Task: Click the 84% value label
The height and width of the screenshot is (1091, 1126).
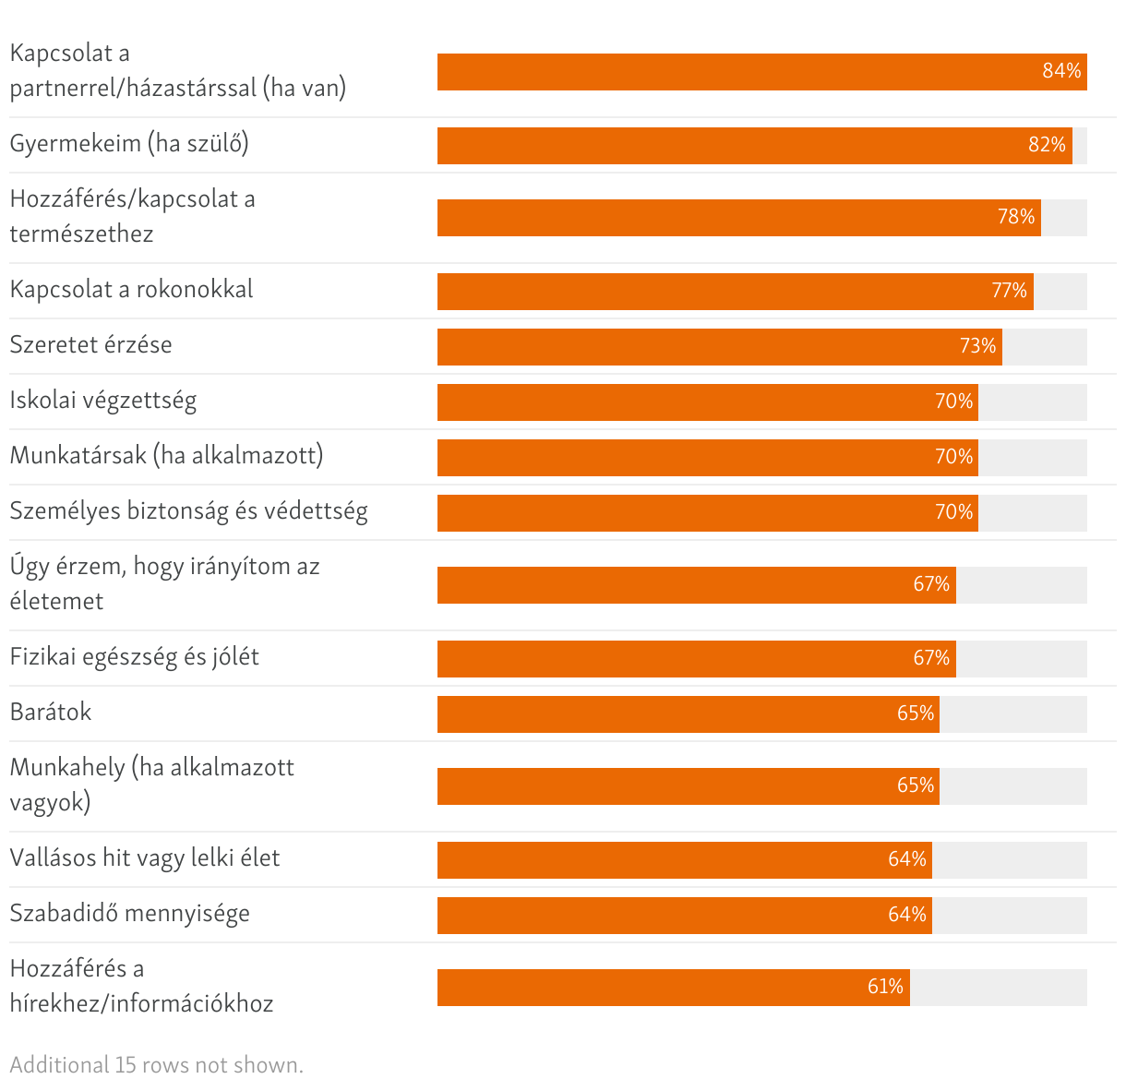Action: pos(1061,71)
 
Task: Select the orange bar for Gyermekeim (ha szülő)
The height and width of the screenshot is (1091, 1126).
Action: pos(754,146)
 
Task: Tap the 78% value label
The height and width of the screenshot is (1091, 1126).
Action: pos(1016,217)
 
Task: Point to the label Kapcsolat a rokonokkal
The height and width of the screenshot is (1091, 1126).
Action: pos(131,290)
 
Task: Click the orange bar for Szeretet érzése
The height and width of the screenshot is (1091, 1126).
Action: pos(719,347)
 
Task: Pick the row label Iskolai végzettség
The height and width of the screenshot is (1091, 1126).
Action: pos(103,401)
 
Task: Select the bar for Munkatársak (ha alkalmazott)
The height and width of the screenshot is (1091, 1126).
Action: pos(707,458)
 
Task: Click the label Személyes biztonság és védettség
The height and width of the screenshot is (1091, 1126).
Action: pos(188,511)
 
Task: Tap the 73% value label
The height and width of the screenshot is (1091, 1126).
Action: pos(977,346)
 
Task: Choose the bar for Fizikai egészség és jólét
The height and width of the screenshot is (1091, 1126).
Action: pos(696,659)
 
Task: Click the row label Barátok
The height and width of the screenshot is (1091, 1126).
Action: pos(51,713)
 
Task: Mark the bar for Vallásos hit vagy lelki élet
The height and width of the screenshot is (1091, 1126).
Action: pos(684,860)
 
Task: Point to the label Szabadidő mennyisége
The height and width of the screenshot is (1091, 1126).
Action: pos(129,914)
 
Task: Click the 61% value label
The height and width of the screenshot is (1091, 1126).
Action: pos(885,987)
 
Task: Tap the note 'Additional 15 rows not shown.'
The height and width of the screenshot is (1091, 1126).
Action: pos(156,1065)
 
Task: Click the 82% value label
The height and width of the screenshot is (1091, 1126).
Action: pos(1047,145)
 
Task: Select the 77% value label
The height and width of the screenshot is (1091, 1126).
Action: pos(1009,291)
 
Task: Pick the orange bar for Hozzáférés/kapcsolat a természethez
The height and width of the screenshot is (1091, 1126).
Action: pos(738,218)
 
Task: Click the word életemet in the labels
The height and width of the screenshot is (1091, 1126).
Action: pos(56,602)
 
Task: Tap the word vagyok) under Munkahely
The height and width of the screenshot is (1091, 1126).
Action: pos(50,803)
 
